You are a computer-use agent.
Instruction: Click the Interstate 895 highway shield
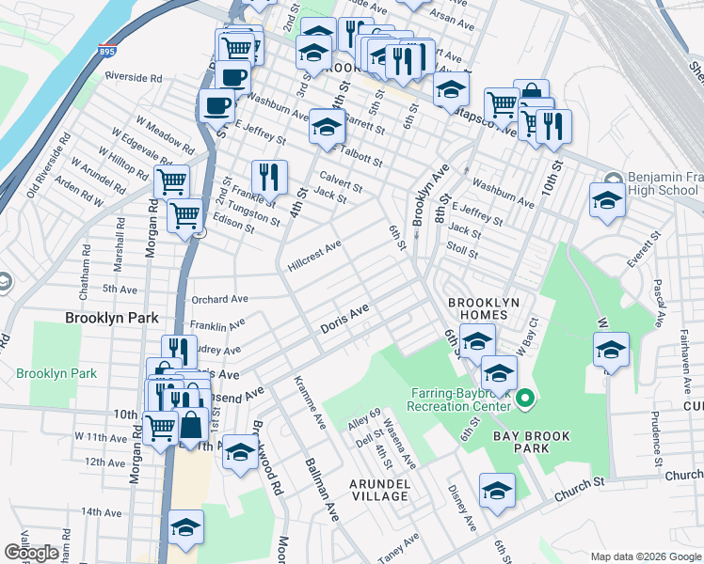106,52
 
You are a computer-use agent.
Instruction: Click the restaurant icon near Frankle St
269,176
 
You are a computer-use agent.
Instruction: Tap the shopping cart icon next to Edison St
185,214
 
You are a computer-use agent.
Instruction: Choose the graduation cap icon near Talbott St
326,127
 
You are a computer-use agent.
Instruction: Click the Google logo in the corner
31,553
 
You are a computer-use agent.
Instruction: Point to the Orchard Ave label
219,300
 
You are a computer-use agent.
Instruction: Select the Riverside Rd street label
134,77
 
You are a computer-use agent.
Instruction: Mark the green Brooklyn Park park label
56,373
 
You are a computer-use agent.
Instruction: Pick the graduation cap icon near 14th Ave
185,526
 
